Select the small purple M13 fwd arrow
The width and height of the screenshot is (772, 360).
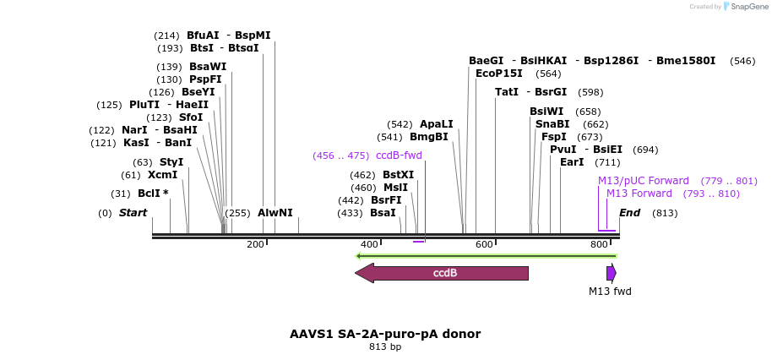pos(611,273)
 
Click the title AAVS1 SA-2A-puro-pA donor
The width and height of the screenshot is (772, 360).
pos(385,334)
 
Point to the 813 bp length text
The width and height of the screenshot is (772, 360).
pos(385,347)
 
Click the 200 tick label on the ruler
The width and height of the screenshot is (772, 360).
pos(255,244)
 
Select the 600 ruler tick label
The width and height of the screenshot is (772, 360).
pos(484,244)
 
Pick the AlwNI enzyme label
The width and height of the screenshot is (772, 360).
pos(275,213)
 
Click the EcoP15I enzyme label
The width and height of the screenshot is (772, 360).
pos(499,74)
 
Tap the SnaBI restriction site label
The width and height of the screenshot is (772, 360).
pos(552,124)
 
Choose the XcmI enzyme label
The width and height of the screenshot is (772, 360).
pos(163,175)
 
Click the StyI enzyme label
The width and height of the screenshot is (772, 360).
pos(171,162)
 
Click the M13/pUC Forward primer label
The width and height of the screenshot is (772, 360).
pos(644,181)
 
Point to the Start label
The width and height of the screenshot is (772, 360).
pos(133,213)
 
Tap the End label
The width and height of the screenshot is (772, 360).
pos(630,213)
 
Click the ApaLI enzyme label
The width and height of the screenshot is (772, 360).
pos(437,124)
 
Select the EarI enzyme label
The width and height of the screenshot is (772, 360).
pos(572,162)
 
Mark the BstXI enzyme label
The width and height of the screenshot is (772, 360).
pos(399,175)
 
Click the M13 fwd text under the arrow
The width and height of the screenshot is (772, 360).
pos(610,292)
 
